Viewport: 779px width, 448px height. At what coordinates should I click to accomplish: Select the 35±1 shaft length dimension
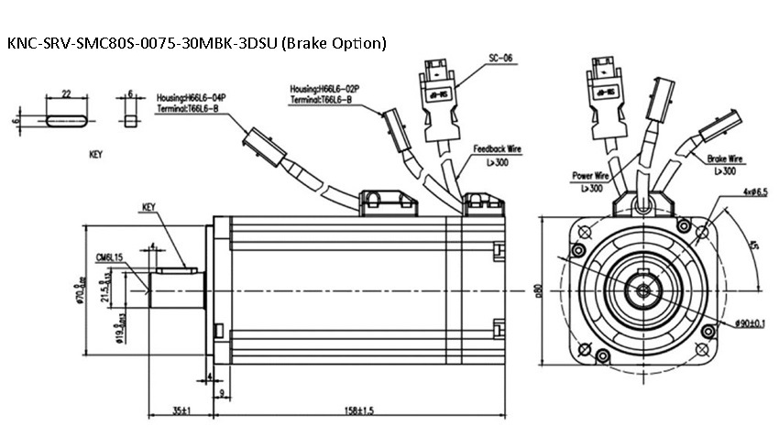point(180,410)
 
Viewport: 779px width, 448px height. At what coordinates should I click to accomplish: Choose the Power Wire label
point(592,175)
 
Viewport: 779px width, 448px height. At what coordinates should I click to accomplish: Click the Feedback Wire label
point(499,148)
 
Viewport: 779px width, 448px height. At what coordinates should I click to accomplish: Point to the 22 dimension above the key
point(65,93)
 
